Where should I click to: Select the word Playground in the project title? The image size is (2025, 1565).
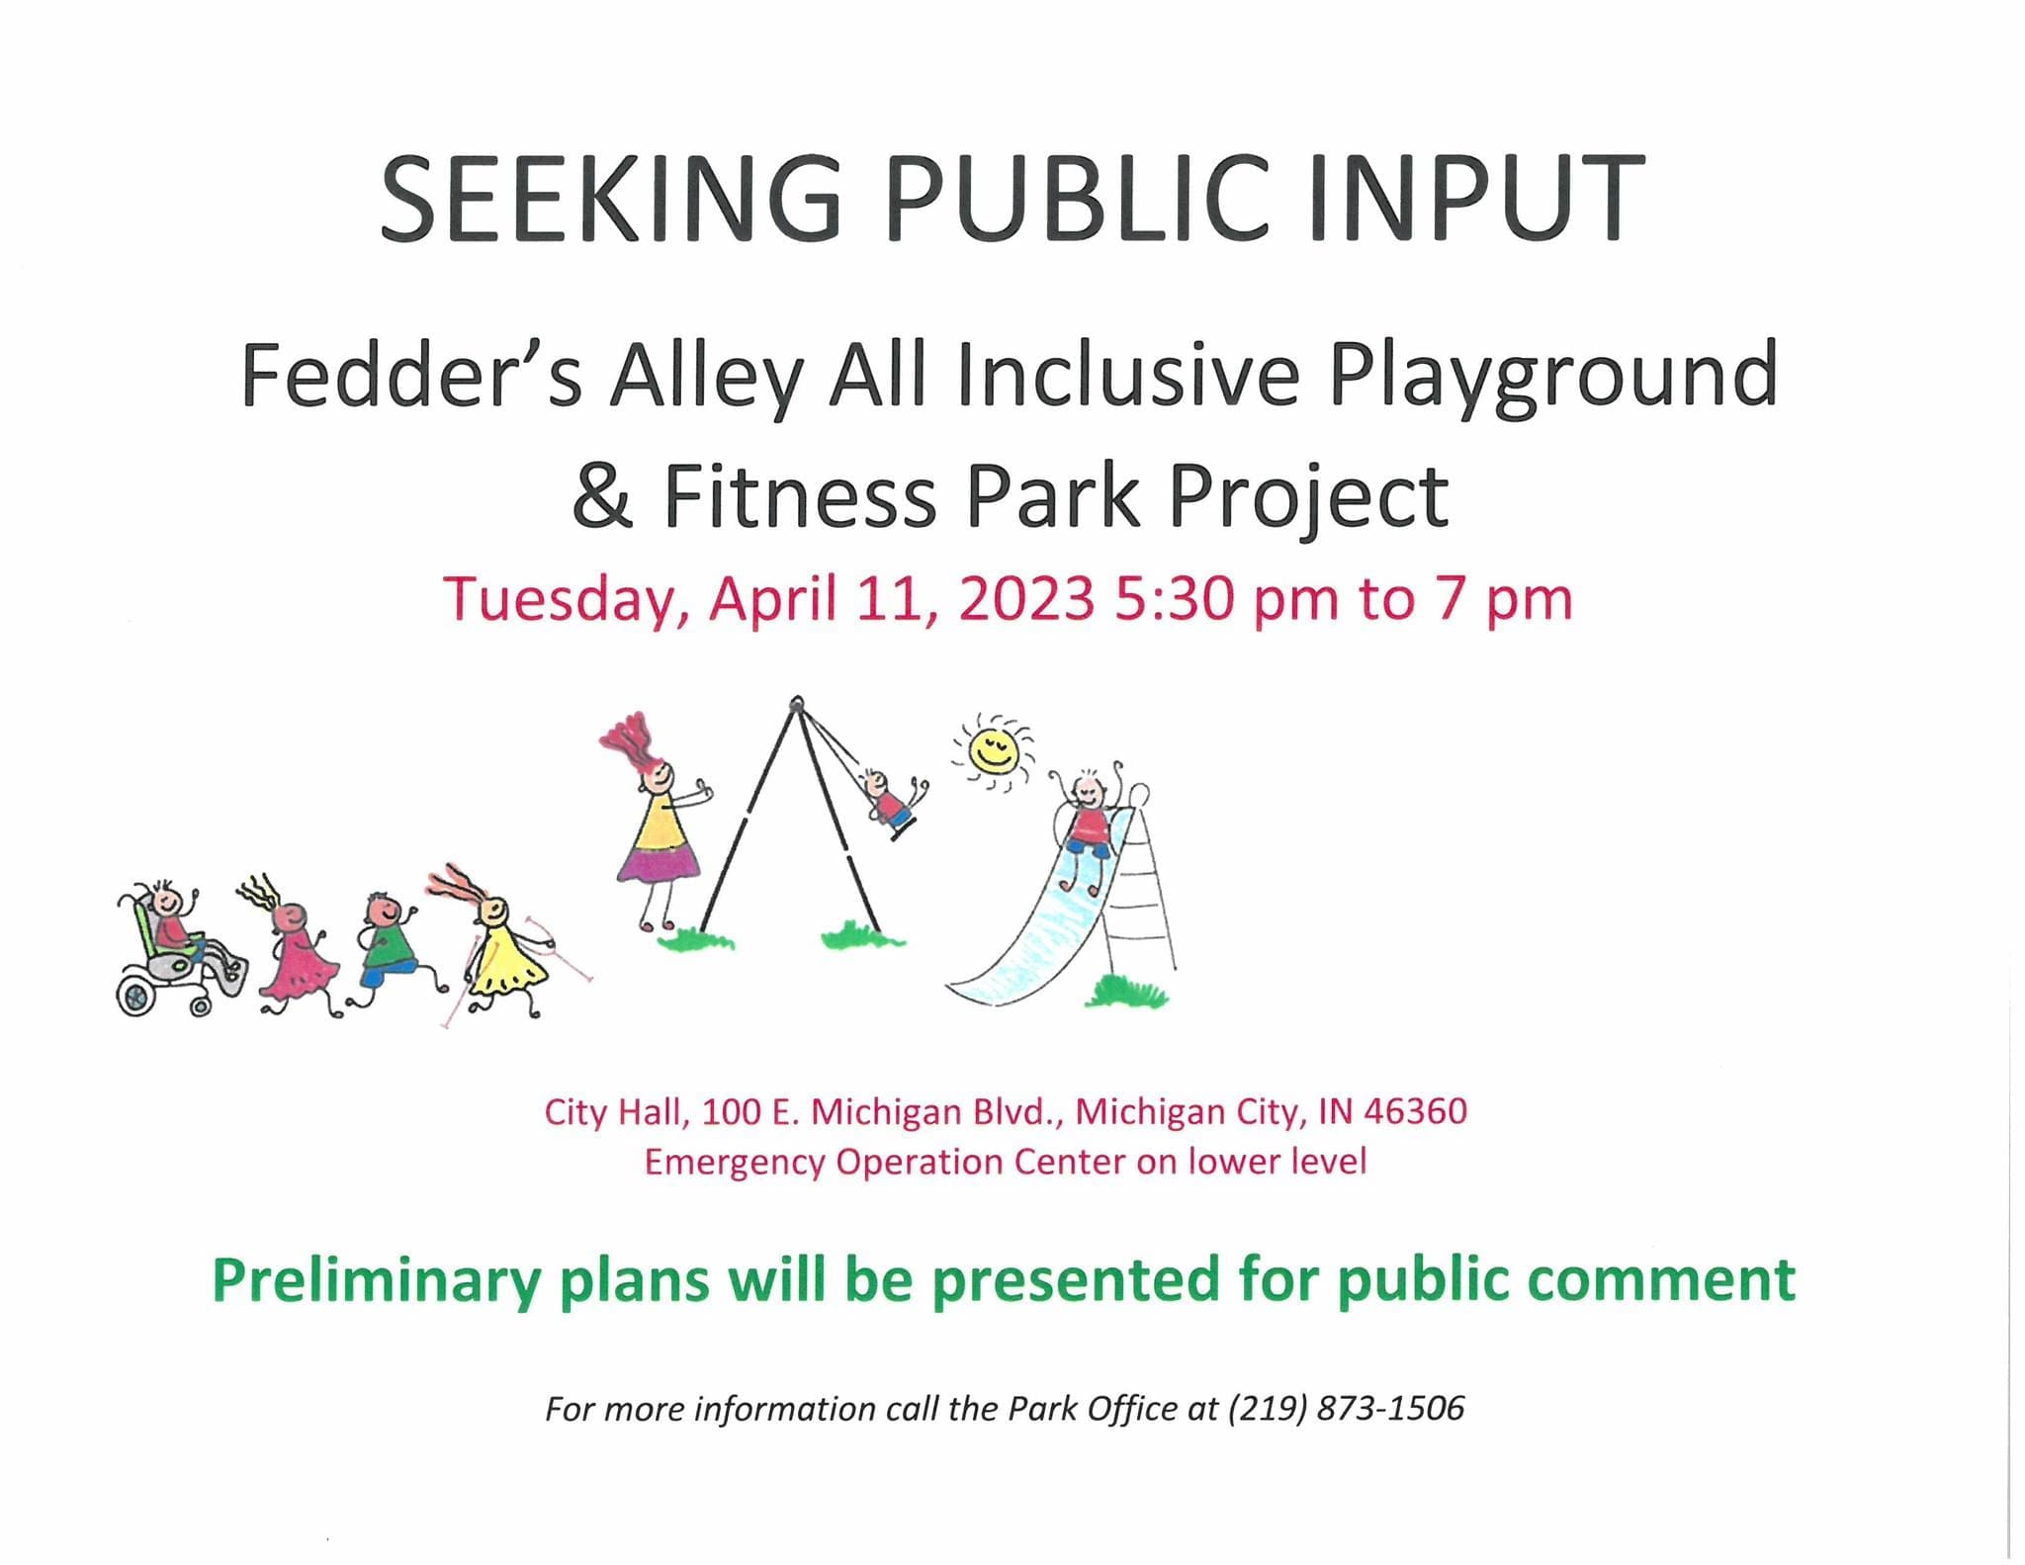1552,377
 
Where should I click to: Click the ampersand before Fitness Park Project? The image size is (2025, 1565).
602,494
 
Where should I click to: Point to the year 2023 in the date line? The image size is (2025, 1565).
1026,599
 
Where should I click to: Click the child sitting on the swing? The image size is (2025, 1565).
893,802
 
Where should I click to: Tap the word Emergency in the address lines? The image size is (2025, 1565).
735,1163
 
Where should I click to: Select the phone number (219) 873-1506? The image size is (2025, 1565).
1346,1409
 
